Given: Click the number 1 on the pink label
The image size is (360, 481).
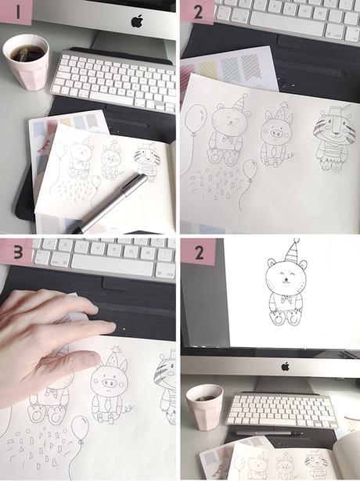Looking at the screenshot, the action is tap(17, 13).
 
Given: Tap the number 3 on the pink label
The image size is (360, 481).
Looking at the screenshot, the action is tap(18, 253).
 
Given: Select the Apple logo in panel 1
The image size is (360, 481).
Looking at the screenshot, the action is tap(137, 20).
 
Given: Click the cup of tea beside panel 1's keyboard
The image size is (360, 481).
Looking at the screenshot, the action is tap(26, 62).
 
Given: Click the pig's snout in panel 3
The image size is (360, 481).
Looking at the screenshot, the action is tap(110, 382).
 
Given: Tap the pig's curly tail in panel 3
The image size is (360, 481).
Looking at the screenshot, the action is tap(129, 408).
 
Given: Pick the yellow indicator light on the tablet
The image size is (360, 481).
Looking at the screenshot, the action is tap(124, 329).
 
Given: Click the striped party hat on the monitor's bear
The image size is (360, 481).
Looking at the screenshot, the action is tap(291, 250).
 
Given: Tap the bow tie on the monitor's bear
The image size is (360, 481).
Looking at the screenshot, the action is tap(286, 300).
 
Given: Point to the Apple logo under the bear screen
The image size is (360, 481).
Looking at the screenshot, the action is tap(286, 366).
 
